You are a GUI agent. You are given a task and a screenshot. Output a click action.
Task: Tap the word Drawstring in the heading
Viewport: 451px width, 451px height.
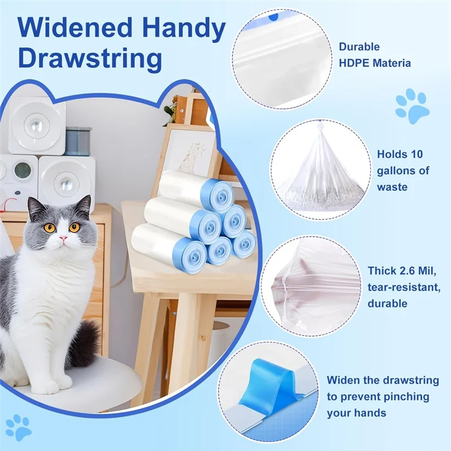(x=84, y=58)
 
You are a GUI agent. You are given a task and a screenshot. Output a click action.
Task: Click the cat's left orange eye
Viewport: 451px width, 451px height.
(x=50, y=228)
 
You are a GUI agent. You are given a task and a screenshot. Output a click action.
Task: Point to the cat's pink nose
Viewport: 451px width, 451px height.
(x=63, y=239)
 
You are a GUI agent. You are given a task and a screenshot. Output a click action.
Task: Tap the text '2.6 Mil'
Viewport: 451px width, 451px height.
(x=409, y=271)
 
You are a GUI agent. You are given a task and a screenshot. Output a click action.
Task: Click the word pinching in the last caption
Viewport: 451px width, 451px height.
(x=406, y=397)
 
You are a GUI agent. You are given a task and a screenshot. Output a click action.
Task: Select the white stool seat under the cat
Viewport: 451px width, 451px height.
(x=96, y=378)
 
